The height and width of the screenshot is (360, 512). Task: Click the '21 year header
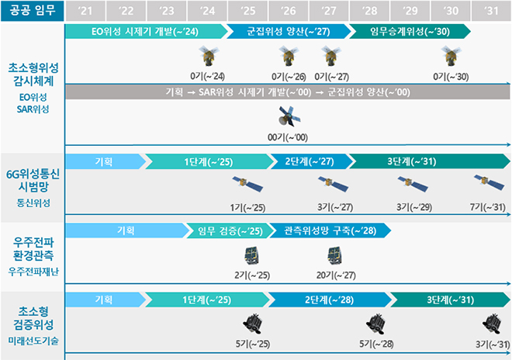[x=85, y=11]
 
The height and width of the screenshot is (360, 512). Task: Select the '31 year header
[x=491, y=11]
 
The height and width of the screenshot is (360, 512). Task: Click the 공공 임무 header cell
[x=32, y=11]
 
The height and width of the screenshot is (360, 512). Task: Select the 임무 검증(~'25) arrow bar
[x=228, y=230]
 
